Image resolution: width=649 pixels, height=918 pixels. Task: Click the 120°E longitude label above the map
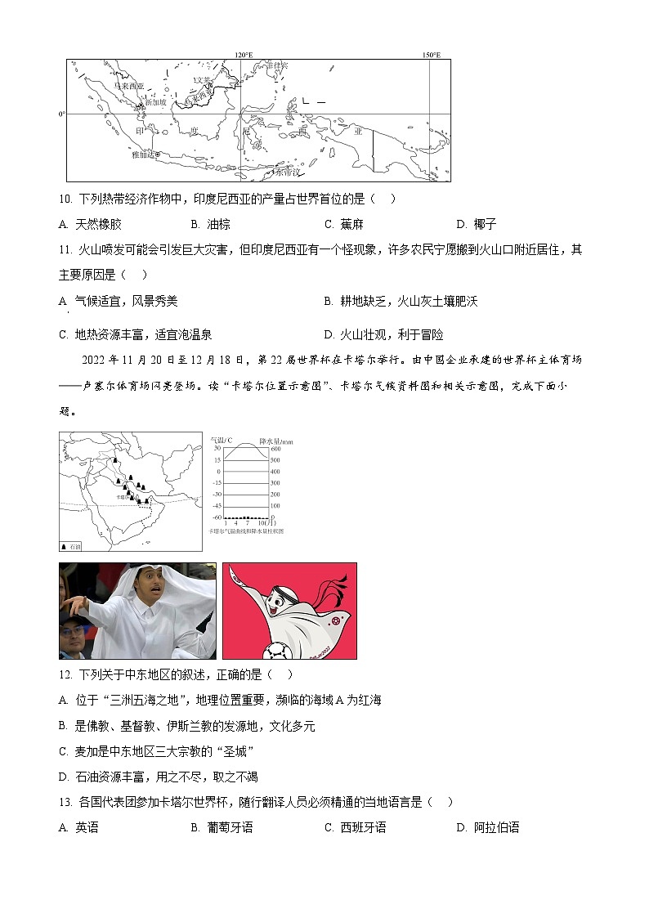(244, 55)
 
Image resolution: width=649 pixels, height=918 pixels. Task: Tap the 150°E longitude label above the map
(431, 55)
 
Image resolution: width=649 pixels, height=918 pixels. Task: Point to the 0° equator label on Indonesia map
(61, 114)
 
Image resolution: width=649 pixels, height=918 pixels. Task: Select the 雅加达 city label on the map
(142, 154)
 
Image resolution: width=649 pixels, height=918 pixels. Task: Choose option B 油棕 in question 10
(210, 224)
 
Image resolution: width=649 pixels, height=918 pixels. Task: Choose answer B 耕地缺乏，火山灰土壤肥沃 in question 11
(401, 301)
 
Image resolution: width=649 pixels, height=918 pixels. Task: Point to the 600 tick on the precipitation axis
(275, 448)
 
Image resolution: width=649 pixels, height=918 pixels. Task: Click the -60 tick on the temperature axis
(217, 517)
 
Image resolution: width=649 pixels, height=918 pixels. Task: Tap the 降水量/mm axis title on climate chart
(276, 440)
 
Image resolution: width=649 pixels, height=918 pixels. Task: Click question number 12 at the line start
(66, 674)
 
